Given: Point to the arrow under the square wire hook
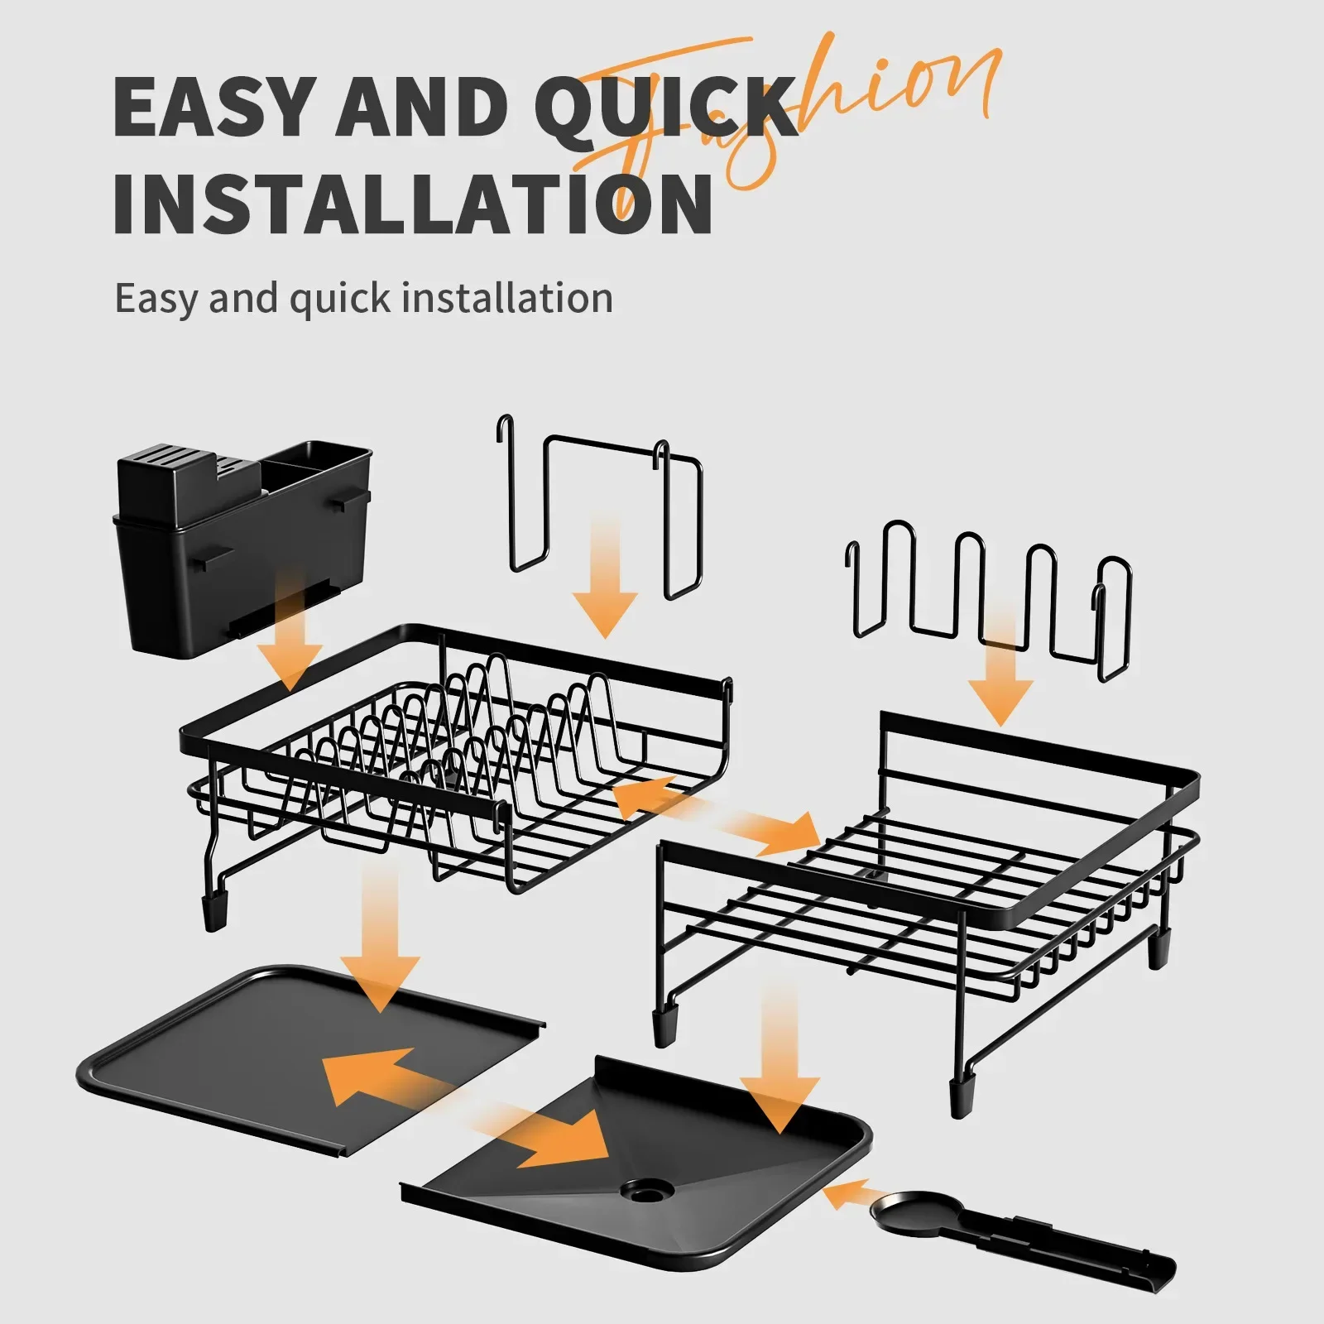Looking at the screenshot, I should coord(606,579).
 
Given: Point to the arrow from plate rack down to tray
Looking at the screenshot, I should coord(381,943).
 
